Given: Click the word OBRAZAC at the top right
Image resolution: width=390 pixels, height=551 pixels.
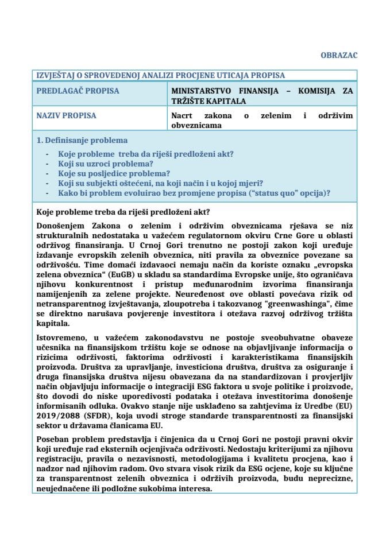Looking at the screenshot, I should [339, 55].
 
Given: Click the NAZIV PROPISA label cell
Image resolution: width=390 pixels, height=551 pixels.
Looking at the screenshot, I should [67, 115].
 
